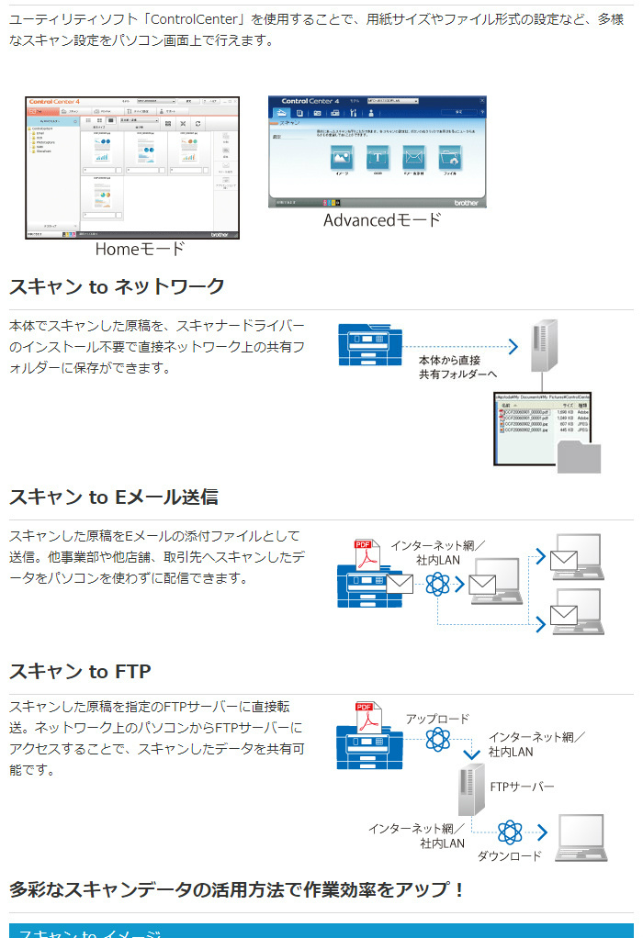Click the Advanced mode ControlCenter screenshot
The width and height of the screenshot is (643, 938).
tap(377, 151)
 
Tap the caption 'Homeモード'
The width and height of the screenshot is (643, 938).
tap(140, 249)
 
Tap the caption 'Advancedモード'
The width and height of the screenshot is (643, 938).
tap(382, 220)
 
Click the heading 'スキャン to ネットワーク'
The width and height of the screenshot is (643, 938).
tap(117, 286)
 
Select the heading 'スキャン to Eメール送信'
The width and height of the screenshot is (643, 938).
tap(114, 497)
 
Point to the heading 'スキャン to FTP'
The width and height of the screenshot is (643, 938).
tap(81, 672)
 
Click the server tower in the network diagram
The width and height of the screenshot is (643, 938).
tap(544, 340)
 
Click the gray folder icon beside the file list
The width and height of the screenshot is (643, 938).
tap(579, 456)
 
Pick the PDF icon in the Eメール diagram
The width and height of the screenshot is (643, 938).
tap(367, 554)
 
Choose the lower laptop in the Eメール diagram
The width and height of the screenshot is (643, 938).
tap(575, 610)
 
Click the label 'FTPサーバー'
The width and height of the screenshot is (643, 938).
tap(522, 787)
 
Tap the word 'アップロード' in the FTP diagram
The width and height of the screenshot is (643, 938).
tap(437, 720)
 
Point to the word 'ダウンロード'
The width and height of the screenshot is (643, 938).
tap(509, 856)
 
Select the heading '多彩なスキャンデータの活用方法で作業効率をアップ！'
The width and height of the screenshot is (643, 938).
tap(238, 889)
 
